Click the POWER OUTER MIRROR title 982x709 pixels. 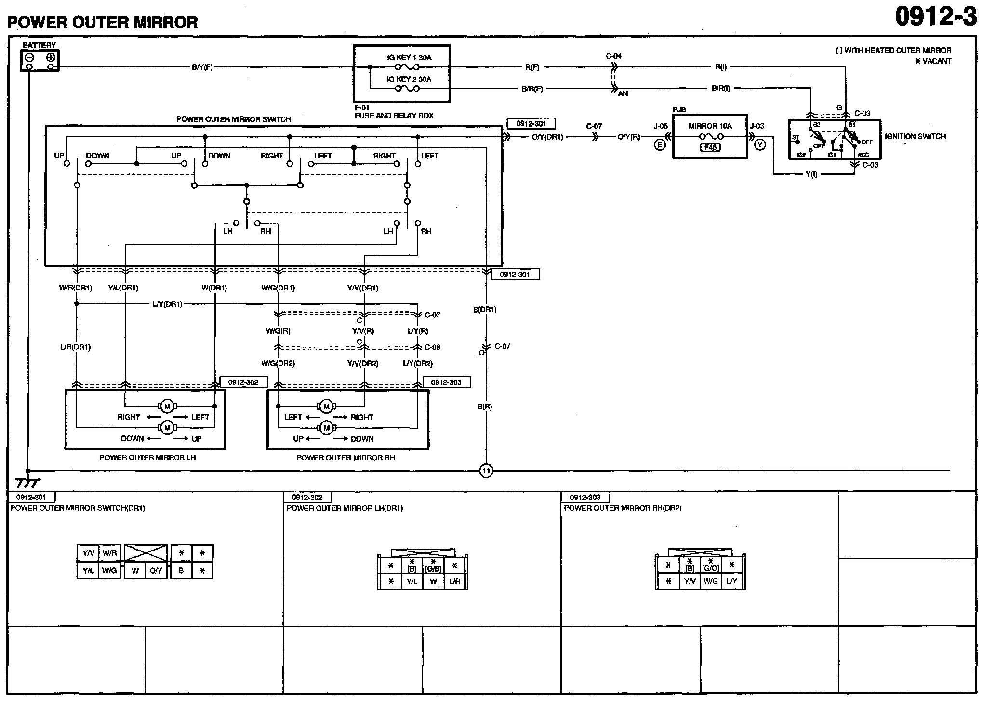103,23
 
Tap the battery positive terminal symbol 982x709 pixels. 51,58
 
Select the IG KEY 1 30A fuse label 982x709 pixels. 409,57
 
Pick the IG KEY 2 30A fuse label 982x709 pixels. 409,79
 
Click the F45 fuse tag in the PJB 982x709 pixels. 710,147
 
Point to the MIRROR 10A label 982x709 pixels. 710,126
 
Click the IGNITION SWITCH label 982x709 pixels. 915,136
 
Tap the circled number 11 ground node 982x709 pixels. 486,471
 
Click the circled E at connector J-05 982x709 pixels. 660,144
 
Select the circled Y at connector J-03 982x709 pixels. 760,144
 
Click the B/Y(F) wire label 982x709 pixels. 202,67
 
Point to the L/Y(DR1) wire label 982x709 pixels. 167,304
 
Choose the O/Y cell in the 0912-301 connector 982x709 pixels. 156,571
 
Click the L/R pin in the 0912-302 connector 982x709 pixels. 454,581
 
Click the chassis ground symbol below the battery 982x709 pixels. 27,482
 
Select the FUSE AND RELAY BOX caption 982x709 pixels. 394,116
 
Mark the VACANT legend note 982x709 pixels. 933,61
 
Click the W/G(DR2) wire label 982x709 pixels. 278,363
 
